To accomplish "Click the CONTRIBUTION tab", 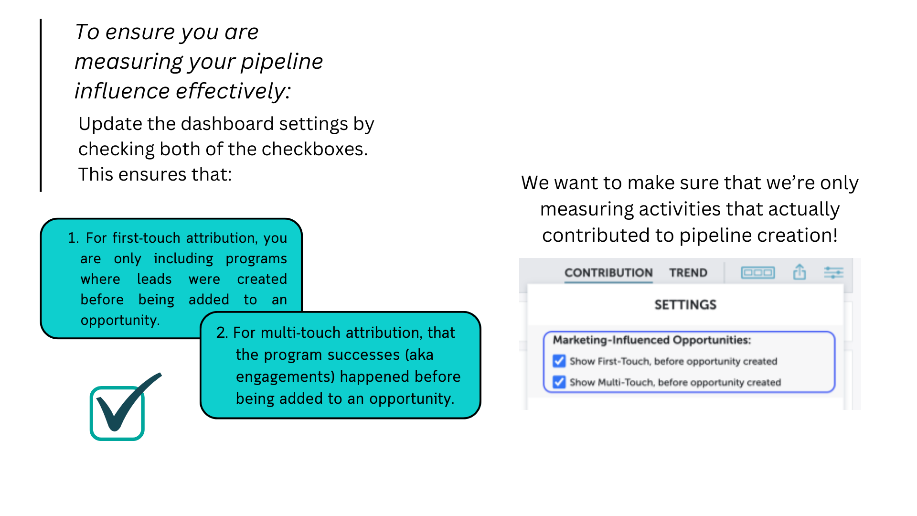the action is tap(608, 273).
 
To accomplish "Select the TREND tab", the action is tap(688, 273).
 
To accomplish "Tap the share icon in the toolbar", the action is tap(800, 272).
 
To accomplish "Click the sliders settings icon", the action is tap(834, 272).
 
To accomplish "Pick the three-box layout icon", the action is tap(758, 272).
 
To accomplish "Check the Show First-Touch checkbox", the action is tap(559, 361).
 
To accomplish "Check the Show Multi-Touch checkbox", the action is tap(559, 382).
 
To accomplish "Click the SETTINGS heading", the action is tap(685, 305).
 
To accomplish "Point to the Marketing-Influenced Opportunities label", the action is tap(652, 340).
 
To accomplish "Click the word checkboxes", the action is tap(315, 149).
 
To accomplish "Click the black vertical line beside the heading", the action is tap(41, 106).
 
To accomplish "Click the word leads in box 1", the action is tap(154, 279).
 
